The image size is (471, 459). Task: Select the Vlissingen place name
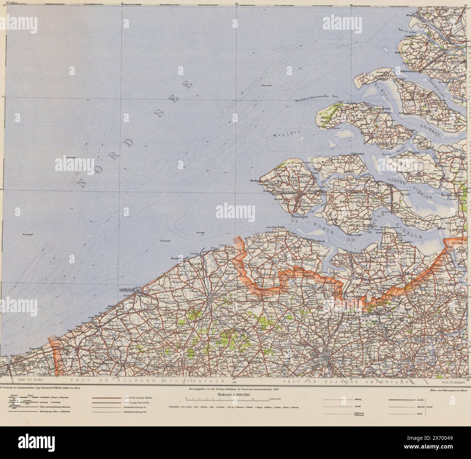tap(299, 216)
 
